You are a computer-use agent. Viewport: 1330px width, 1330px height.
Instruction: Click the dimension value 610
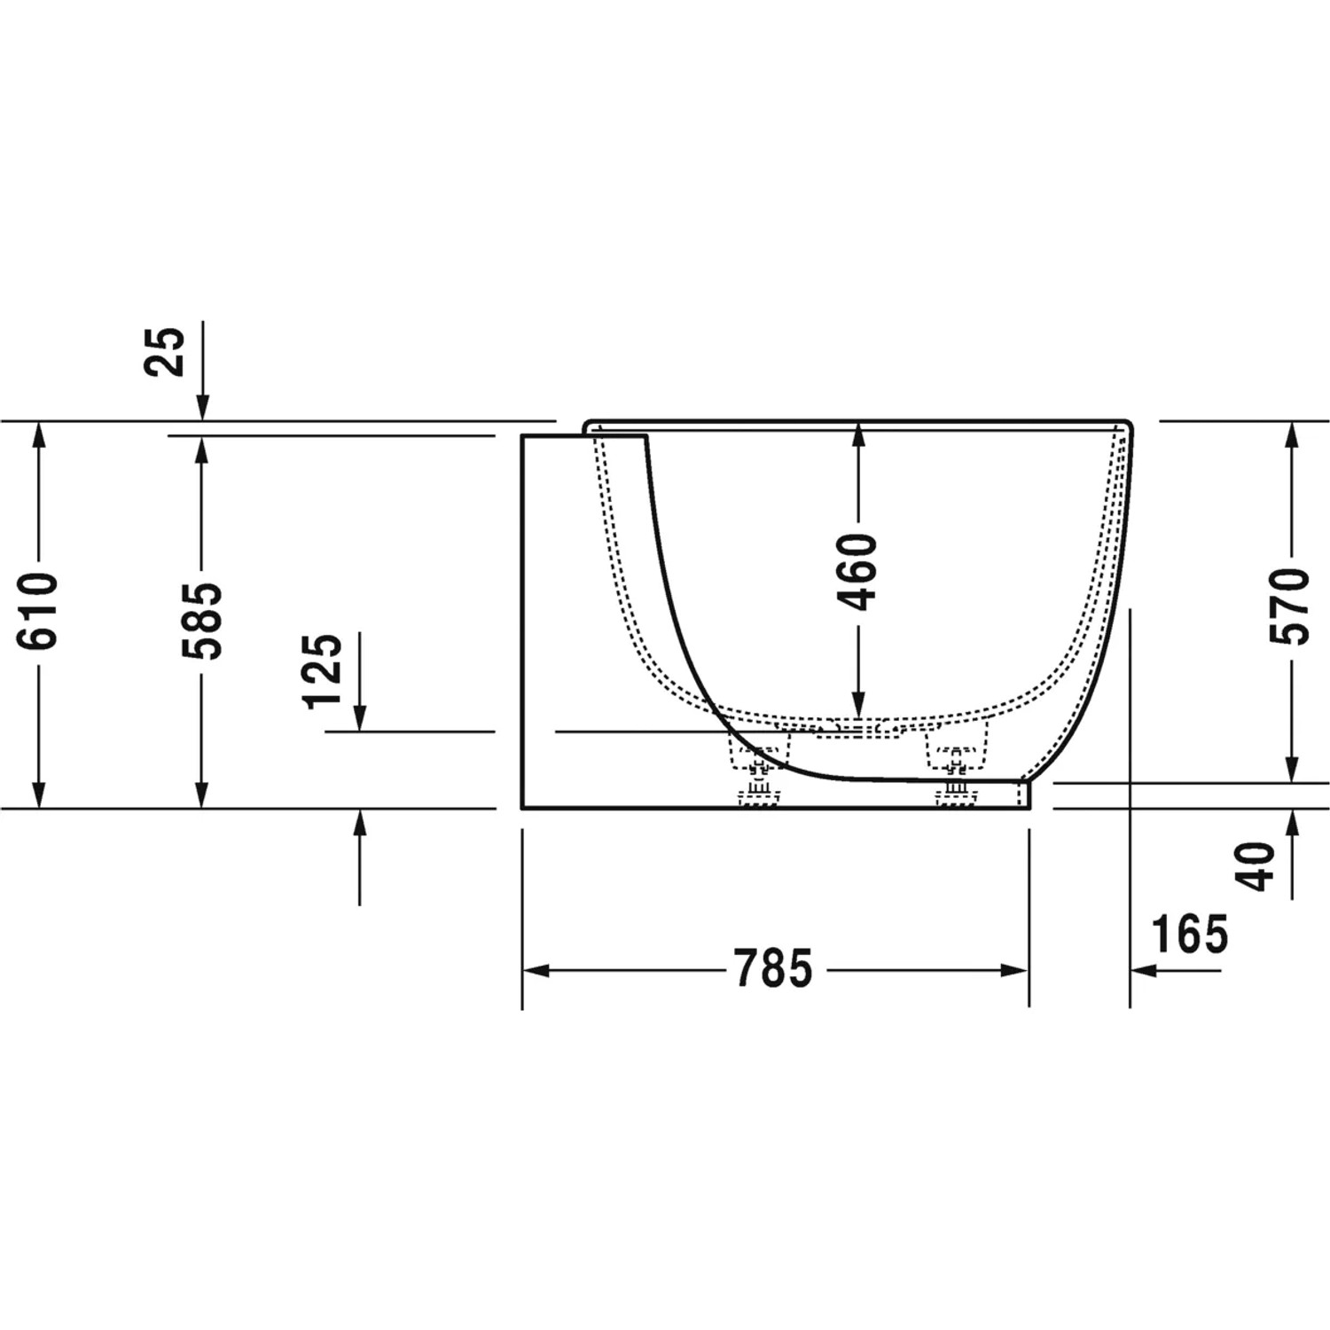(40, 611)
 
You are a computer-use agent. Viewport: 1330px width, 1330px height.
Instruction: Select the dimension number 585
(202, 620)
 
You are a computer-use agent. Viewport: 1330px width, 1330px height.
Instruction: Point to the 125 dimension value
(323, 670)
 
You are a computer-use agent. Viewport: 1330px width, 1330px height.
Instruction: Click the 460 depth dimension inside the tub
(857, 572)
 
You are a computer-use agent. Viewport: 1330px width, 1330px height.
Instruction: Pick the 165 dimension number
(1189, 934)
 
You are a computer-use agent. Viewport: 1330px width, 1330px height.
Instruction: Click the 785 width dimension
(773, 968)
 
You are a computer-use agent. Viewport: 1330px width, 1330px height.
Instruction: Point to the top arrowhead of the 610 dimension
(39, 434)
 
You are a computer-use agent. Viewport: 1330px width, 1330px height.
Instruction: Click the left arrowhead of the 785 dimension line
(535, 970)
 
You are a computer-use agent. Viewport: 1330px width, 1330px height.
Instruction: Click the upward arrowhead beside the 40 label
(1292, 822)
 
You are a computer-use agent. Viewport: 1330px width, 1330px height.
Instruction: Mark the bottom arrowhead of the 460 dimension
(857, 705)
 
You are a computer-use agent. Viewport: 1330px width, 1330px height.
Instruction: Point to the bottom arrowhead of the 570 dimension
(1292, 771)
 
